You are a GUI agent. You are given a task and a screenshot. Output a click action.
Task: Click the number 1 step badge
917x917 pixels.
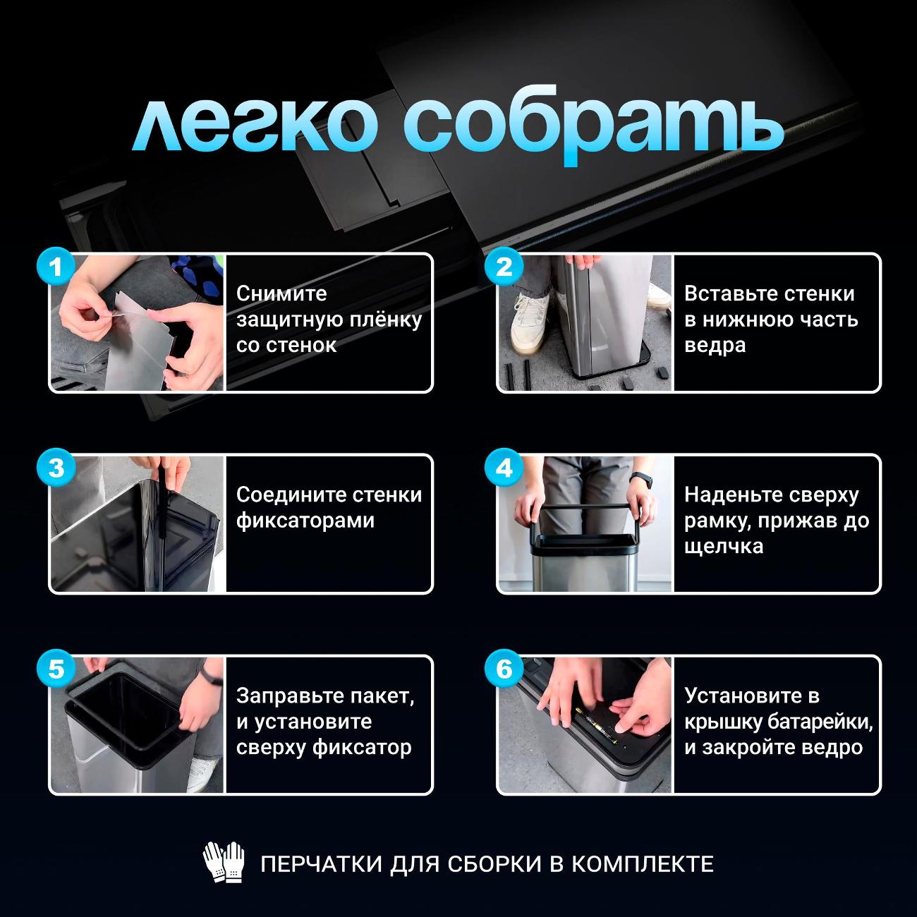click(56, 267)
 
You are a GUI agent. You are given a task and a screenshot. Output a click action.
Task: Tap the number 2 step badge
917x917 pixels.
click(504, 267)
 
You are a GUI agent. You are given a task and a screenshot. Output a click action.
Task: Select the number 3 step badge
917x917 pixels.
click(56, 468)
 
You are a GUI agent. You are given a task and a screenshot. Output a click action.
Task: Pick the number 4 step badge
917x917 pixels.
click(504, 468)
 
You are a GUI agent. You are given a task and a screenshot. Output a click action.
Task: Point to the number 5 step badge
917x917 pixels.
click(56, 669)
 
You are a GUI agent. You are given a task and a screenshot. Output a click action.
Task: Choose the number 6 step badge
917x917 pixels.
click(504, 669)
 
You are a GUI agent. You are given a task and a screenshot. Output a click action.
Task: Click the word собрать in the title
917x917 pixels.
click(593, 126)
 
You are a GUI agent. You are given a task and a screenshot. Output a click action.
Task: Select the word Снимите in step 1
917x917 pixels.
click(281, 293)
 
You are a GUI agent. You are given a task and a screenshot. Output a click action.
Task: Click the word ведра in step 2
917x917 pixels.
click(715, 346)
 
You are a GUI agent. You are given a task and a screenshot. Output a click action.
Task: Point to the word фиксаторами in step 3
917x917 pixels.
click(305, 521)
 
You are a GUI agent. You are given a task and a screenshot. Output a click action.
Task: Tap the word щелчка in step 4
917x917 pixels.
click(723, 547)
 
